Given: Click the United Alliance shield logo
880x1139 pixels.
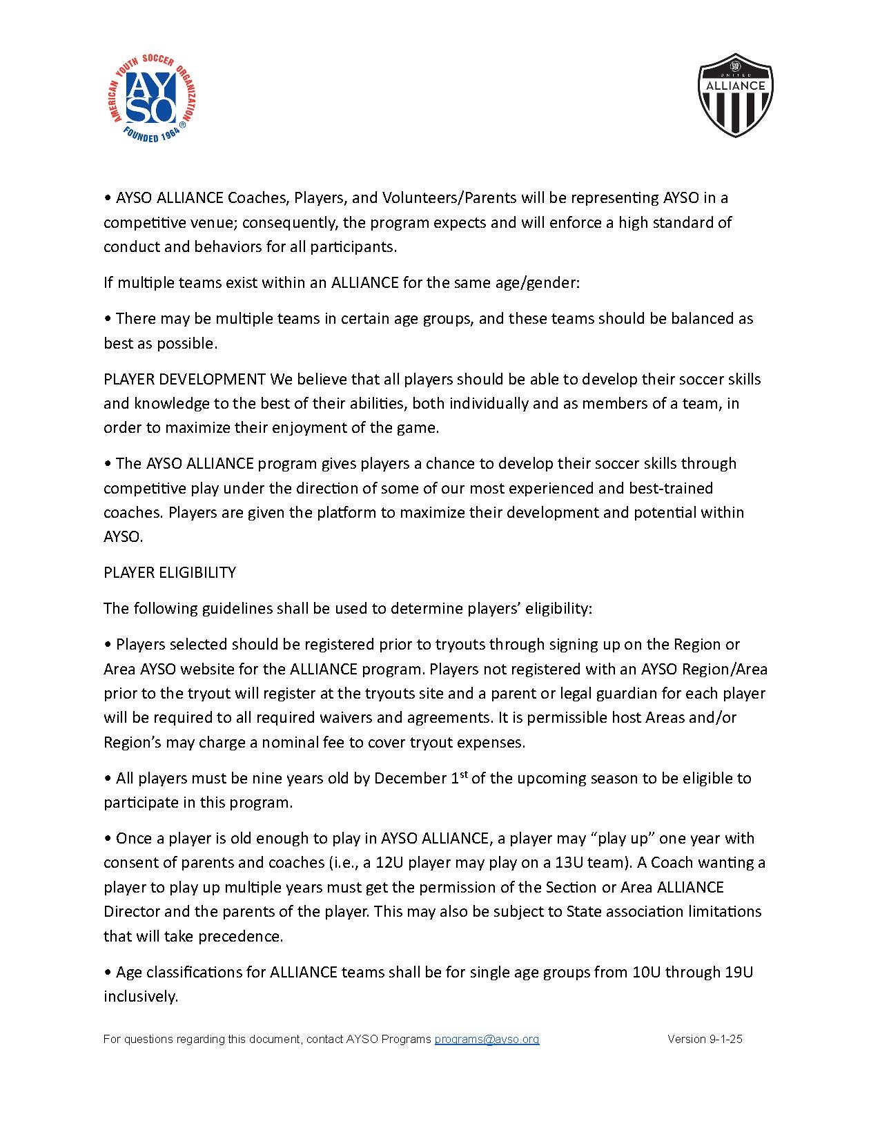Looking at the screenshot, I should click(x=735, y=95).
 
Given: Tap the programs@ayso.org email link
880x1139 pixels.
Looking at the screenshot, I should click(x=487, y=1039).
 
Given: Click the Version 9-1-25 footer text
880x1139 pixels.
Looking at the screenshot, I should click(x=705, y=1039).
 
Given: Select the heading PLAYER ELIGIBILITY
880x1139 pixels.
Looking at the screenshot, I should click(x=170, y=572).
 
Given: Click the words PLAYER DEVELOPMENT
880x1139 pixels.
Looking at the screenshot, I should click(x=184, y=379).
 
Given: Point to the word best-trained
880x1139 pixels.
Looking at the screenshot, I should click(x=671, y=488).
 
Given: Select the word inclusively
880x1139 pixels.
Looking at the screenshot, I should click(x=141, y=997).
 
